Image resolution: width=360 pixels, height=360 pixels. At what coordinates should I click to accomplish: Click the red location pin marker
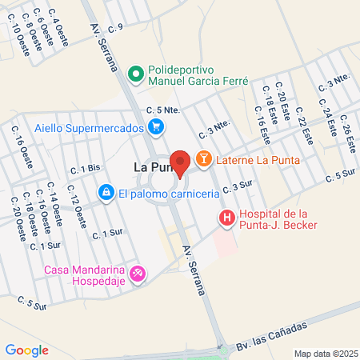(x=180, y=162)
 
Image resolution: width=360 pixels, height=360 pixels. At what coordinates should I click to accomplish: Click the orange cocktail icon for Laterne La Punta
(x=203, y=159)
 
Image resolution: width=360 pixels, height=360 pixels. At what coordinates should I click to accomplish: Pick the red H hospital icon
(x=227, y=217)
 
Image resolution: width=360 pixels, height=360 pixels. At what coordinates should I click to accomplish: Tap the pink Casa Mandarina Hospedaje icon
(x=138, y=274)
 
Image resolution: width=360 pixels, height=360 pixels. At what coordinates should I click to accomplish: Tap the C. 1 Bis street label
(x=83, y=168)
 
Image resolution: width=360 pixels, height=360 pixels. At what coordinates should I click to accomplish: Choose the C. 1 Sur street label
(x=106, y=234)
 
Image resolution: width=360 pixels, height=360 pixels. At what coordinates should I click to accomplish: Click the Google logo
(x=27, y=350)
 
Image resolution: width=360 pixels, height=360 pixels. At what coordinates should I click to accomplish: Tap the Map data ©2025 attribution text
(x=325, y=353)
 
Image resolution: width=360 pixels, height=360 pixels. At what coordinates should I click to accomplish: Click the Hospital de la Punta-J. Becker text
(x=278, y=218)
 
